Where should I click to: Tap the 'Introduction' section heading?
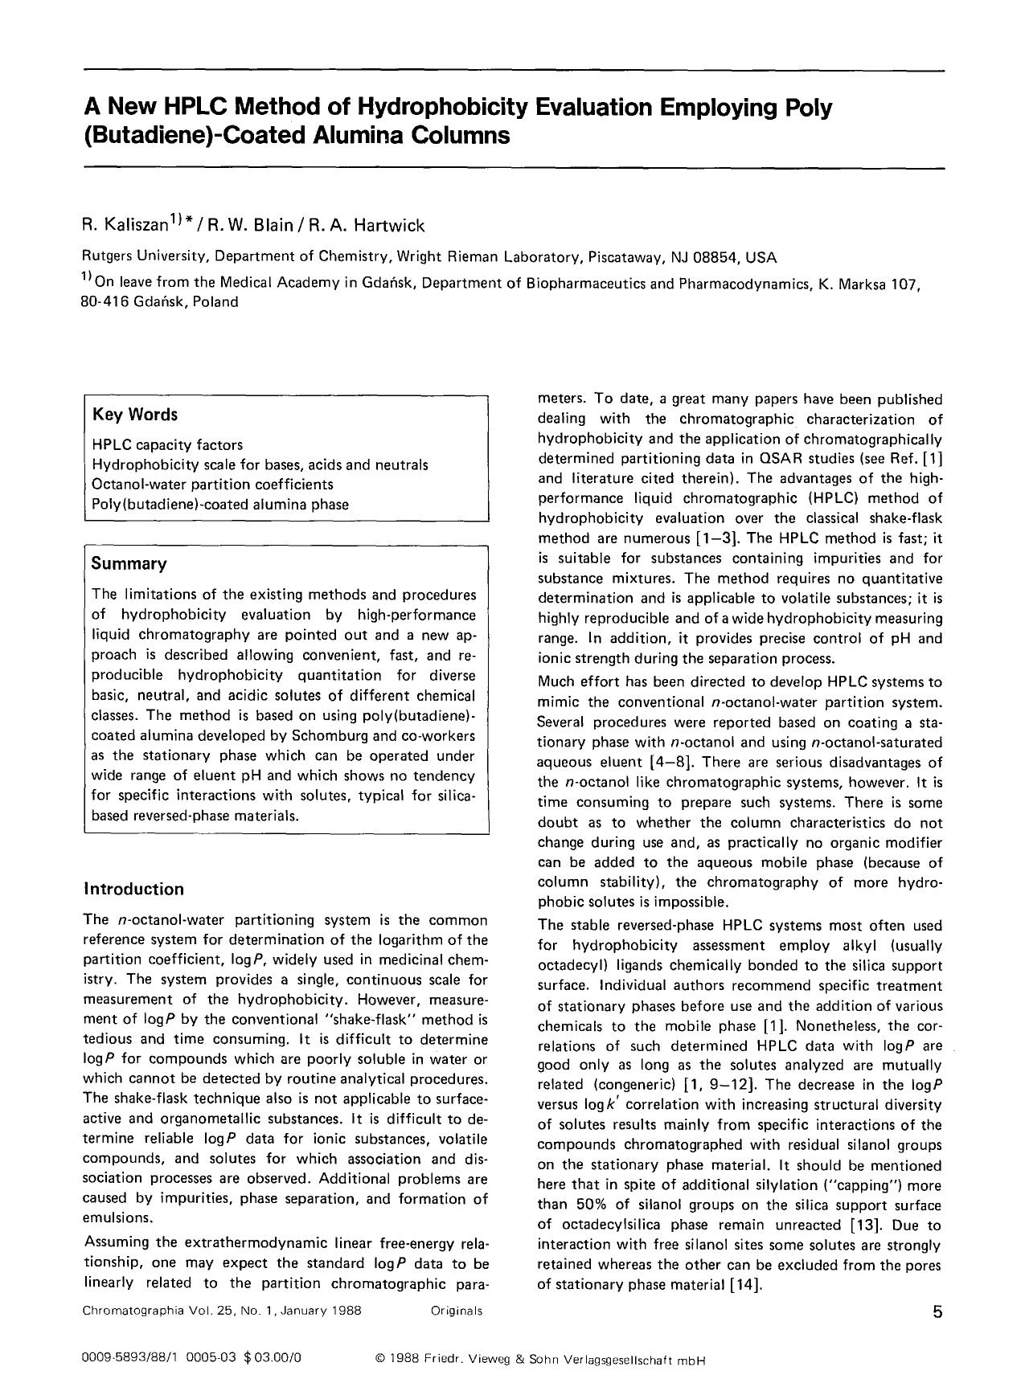[x=133, y=889]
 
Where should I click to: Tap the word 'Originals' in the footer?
[x=456, y=1311]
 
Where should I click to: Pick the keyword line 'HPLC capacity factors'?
[x=167, y=444]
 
